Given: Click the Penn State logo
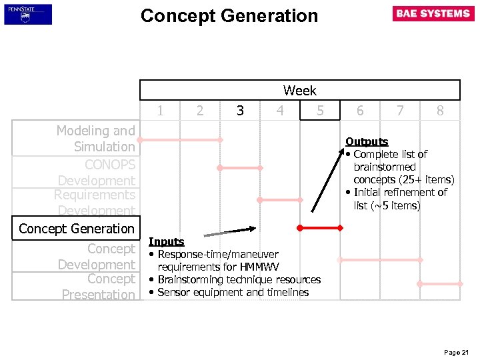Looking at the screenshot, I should pyautogui.click(x=27, y=14).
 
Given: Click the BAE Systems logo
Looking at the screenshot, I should pyautogui.click(x=433, y=14).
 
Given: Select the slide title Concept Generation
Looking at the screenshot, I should pyautogui.click(x=229, y=15).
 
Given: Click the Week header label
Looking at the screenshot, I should pyautogui.click(x=299, y=90).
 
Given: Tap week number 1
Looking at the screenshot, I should pyautogui.click(x=160, y=111).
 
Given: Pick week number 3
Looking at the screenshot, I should pyautogui.click(x=240, y=111).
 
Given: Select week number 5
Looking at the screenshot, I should pyautogui.click(x=320, y=111).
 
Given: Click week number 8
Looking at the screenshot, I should pyautogui.click(x=440, y=111).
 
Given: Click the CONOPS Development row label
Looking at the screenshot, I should pyautogui.click(x=96, y=172).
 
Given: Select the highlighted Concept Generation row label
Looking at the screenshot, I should pyautogui.click(x=77, y=229).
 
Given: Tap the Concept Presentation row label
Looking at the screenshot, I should pyautogui.click(x=98, y=287).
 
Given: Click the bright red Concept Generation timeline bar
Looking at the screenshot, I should pyautogui.click(x=320, y=228).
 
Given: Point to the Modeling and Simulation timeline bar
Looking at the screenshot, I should pyautogui.click(x=180, y=140).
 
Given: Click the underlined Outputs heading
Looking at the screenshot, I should pyautogui.click(x=367, y=141).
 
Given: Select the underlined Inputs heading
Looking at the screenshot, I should pyautogui.click(x=166, y=242).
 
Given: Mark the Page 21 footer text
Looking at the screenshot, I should pyautogui.click(x=456, y=352).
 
